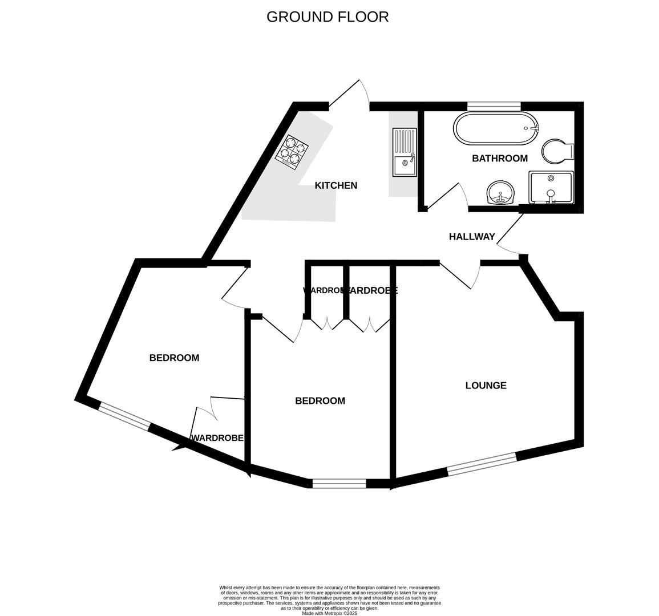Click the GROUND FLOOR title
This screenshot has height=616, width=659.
click(x=328, y=17)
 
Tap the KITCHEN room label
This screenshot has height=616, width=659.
click(x=336, y=185)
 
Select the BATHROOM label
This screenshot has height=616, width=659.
click(x=499, y=159)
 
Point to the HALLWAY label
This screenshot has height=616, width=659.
click(x=471, y=237)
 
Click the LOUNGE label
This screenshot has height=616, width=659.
click(x=486, y=386)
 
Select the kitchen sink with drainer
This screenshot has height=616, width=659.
click(x=404, y=152)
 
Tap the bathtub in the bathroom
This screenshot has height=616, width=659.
click(x=495, y=128)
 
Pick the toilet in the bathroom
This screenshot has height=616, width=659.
click(x=557, y=152)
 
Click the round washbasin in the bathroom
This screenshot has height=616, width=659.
click(x=501, y=193)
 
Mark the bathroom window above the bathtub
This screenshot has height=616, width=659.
click(x=494, y=106)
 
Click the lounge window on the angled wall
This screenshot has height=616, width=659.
click(x=482, y=464)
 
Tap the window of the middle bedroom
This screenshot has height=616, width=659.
click(x=339, y=484)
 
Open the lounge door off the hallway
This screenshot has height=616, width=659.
click(x=459, y=276)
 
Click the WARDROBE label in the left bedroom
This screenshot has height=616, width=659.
click(x=217, y=438)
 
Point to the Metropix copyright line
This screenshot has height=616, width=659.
click(x=329, y=613)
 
